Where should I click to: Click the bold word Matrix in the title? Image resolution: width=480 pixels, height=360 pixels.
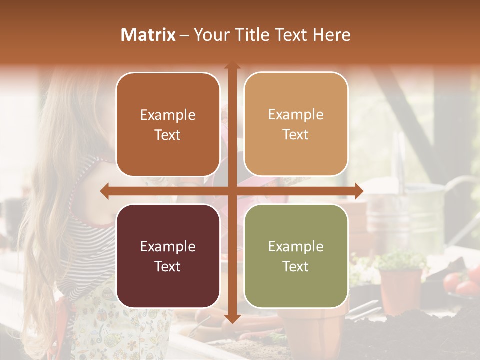tap(148, 35)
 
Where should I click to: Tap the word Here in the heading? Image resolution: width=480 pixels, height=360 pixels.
tap(331, 35)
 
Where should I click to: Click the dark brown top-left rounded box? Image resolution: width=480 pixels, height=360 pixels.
tap(168, 124)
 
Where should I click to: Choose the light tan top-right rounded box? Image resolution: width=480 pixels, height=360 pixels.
tap(296, 124)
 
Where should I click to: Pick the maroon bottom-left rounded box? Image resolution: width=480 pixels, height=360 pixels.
tap(168, 256)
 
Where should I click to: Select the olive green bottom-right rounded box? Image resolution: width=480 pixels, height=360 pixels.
tap(296, 256)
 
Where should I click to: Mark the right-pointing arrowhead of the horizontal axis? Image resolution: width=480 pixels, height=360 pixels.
tap(359, 191)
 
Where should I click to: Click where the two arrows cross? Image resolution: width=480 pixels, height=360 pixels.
tap(232, 191)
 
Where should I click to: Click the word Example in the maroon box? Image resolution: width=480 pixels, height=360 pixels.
tap(168, 246)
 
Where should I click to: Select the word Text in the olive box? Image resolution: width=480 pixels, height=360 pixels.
tap(296, 266)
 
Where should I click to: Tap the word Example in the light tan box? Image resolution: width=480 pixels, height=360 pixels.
tap(296, 114)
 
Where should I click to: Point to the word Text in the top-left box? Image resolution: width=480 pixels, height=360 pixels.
tap(168, 135)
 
